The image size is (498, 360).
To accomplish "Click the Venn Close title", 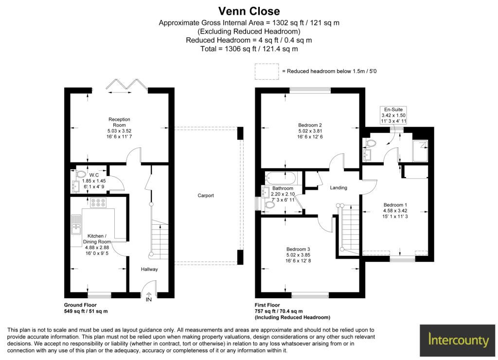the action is (249, 11).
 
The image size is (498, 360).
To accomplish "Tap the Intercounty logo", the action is (458, 341).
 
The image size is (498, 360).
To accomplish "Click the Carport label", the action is (206, 196).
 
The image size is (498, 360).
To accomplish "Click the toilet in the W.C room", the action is (80, 174).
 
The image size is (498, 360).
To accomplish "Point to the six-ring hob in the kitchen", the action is (98, 203).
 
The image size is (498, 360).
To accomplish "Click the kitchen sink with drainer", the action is (76, 225).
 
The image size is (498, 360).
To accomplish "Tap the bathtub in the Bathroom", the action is (281, 178).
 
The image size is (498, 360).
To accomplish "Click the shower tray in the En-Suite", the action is (420, 151).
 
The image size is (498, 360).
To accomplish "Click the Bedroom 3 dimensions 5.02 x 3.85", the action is (298, 255).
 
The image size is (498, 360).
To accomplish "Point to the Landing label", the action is (338, 188).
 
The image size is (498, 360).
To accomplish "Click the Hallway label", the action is (149, 269).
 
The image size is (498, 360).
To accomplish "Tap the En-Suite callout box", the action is (393, 115).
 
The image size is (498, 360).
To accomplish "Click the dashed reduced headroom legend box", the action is (267, 71).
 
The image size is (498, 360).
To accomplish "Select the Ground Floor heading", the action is (80, 305).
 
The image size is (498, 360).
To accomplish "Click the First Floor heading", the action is (267, 305).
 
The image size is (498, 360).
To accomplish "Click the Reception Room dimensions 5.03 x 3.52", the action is (120, 131).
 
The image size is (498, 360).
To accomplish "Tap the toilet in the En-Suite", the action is (370, 144).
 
